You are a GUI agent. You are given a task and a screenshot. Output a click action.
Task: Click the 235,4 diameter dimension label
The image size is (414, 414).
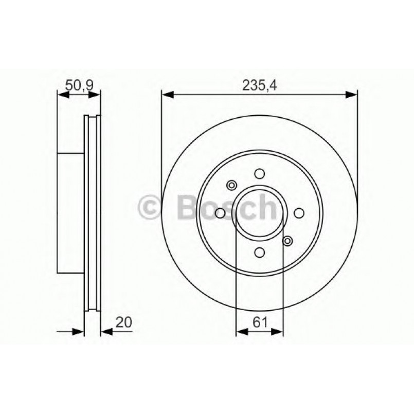click(259, 86)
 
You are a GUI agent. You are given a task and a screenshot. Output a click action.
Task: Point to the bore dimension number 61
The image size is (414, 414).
click(260, 322)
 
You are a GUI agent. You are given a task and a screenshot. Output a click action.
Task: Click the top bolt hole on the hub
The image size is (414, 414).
click(260, 174)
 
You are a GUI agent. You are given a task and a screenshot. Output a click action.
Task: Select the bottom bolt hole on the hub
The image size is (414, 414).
click(260, 252)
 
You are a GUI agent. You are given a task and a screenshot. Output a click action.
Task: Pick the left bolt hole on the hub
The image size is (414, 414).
click(221, 213)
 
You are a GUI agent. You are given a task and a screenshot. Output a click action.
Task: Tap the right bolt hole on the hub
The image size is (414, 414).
click(299, 213)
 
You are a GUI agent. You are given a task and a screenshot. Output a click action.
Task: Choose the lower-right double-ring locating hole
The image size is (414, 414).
click(287, 240)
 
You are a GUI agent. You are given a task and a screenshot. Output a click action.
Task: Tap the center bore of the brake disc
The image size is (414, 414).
click(260, 213)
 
